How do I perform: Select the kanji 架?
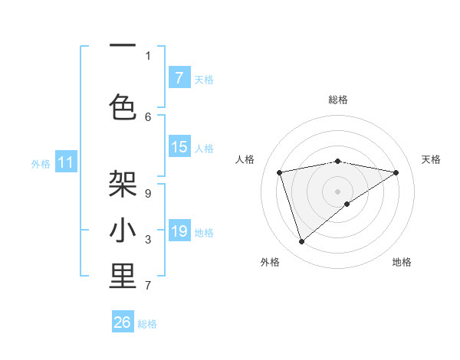tap(123, 184)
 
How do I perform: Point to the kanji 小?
tap(123, 231)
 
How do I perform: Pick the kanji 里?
tap(123, 277)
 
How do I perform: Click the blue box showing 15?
tap(179, 147)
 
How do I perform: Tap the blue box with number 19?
tap(179, 231)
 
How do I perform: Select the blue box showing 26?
tap(123, 322)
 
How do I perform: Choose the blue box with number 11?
tap(66, 162)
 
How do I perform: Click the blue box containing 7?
tap(179, 78)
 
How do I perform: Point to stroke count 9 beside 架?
tap(147, 193)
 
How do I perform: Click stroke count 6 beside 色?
tap(148, 116)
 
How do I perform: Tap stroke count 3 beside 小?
tap(148, 240)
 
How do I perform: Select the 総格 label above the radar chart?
tap(338, 100)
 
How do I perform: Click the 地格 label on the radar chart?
tap(402, 262)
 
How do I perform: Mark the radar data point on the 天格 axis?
tap(396, 172)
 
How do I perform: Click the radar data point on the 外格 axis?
tap(302, 242)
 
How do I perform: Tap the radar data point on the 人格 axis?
tap(280, 172)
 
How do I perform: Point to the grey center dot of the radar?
tap(337, 190)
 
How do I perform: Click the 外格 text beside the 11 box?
tap(41, 163)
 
